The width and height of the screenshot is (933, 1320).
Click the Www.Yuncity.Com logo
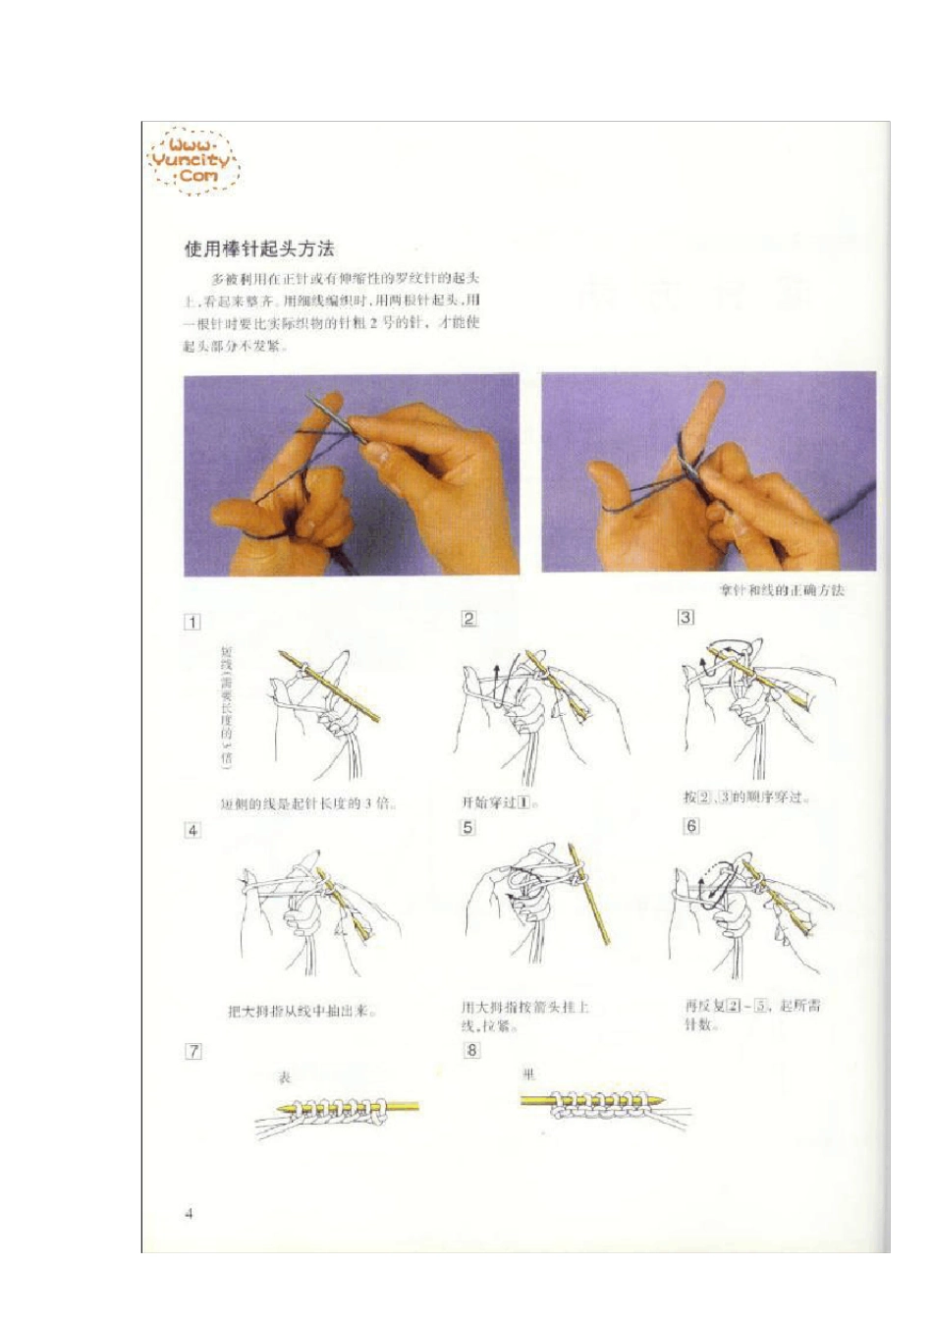coord(193,161)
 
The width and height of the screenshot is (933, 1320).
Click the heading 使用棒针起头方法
coord(259,248)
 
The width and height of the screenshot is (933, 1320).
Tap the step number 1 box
coord(192,622)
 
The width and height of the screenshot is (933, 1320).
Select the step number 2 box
coord(468,619)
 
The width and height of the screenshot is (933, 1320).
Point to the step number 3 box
coord(686,617)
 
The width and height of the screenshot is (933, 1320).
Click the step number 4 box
coord(192,830)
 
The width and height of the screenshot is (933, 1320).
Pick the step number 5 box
coord(467,828)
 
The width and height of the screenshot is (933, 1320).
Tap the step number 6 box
coord(691,826)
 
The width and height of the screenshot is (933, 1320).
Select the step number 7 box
coord(193,1051)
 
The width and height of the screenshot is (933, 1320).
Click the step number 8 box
coord(471,1050)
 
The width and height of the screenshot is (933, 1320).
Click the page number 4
coord(190,1213)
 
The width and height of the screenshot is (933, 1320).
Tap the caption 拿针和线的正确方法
coord(782,590)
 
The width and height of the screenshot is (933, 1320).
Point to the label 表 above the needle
coord(285,1077)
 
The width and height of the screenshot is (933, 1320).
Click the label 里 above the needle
coord(529,1074)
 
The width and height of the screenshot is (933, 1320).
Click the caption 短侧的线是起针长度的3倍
coord(305,803)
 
